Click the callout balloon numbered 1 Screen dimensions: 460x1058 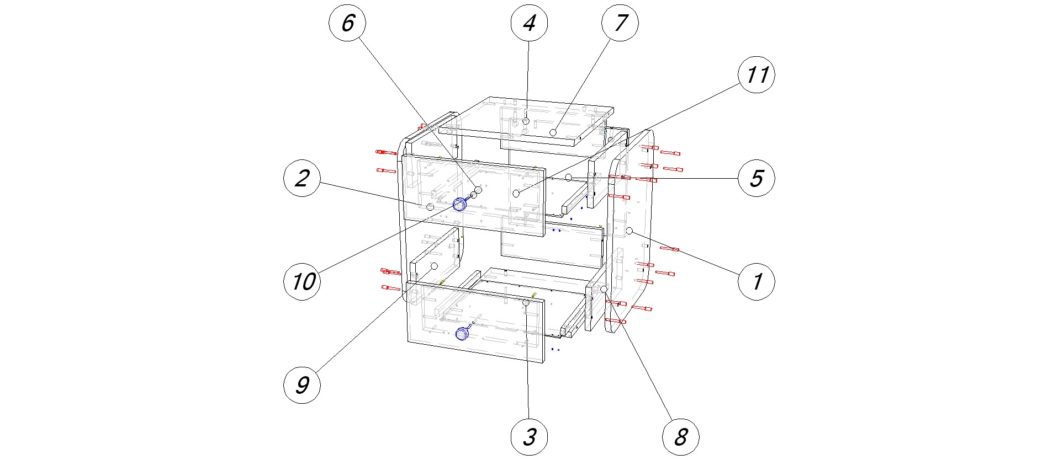(756, 282)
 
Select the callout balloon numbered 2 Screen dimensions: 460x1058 (301, 178)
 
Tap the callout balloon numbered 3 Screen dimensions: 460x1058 (529, 437)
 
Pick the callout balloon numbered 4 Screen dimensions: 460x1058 (529, 23)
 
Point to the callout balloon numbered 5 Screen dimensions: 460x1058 (756, 178)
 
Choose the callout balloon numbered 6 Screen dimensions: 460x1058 (347, 23)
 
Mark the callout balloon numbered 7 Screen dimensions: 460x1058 (620, 23)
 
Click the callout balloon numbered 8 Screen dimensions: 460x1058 (680, 437)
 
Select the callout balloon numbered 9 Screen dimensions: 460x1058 (301, 384)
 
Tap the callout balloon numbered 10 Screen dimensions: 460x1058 (301, 282)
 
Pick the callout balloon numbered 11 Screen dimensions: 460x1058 (756, 74)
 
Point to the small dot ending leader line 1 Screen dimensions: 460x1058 (629, 231)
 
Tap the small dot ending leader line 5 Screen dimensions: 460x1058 (568, 177)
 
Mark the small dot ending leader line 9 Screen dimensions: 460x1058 (434, 266)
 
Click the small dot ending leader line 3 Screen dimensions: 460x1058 (526, 303)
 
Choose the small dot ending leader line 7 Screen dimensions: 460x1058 (553, 132)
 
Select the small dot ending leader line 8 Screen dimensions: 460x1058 (604, 289)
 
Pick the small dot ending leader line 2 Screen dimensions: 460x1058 (430, 207)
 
